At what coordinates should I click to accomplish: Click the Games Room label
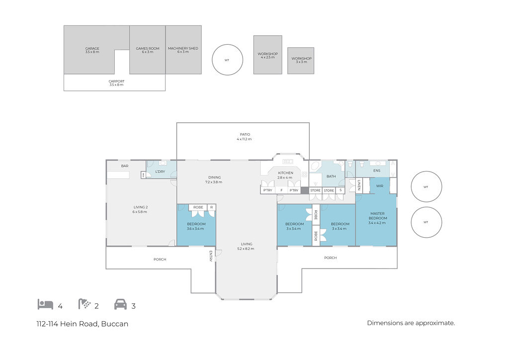click(148, 50)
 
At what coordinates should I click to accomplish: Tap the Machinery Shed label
click(183, 50)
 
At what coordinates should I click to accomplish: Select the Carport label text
click(116, 83)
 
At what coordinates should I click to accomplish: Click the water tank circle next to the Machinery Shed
click(227, 60)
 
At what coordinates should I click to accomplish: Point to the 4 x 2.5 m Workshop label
click(268, 56)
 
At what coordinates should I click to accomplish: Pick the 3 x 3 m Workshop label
click(302, 60)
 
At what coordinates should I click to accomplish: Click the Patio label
click(245, 137)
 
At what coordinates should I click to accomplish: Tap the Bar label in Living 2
click(125, 166)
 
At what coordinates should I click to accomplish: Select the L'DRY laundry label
click(160, 172)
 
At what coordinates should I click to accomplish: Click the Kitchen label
click(285, 175)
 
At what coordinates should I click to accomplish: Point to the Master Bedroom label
click(377, 218)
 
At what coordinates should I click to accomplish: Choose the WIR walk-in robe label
click(380, 186)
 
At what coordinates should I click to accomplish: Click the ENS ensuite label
click(377, 171)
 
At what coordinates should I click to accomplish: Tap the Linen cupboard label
click(359, 184)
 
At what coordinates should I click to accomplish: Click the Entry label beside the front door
click(211, 256)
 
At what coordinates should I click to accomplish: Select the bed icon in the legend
click(45, 304)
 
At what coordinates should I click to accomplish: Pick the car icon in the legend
click(120, 304)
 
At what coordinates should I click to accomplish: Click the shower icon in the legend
click(85, 304)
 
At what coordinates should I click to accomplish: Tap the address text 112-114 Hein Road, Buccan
click(83, 324)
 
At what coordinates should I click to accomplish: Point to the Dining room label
click(214, 180)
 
